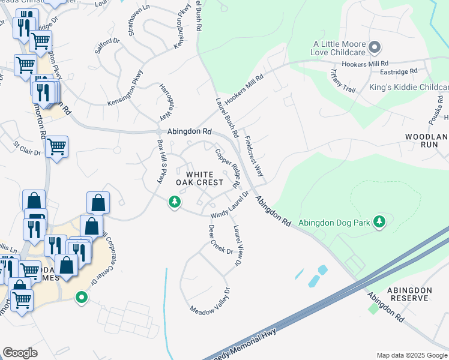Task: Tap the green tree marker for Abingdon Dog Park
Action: tap(379, 222)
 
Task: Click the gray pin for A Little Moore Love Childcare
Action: tap(375, 47)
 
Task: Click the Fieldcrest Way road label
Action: tap(255, 155)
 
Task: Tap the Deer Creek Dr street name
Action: tap(220, 239)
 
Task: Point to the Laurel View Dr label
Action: tap(238, 245)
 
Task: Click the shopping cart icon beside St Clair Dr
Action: tap(56, 145)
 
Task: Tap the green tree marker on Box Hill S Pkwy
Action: tap(174, 202)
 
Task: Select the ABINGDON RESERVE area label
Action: tap(410, 294)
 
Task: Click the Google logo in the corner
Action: tap(20, 353)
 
